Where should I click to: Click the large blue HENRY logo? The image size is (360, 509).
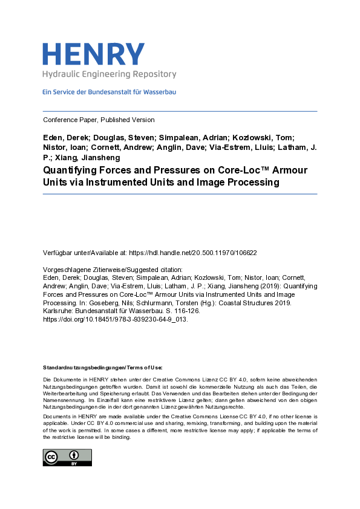[x=93, y=54]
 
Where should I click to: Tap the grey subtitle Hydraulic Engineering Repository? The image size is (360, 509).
[x=109, y=74]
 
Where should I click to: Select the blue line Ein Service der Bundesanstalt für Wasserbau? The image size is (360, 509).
[x=109, y=92]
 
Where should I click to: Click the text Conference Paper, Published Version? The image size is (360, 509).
[x=99, y=120]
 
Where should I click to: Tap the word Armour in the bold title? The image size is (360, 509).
[x=289, y=170]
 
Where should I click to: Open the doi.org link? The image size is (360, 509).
[x=116, y=320]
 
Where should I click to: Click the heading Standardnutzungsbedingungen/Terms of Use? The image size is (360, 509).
[x=102, y=368]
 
